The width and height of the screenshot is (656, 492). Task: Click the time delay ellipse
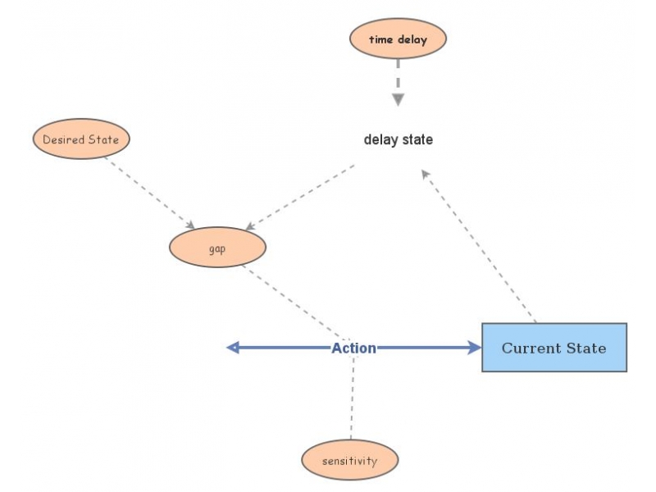pyautogui.click(x=398, y=39)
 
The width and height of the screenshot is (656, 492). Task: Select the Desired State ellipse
pyautogui.click(x=81, y=139)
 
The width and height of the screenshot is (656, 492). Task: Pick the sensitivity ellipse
pyautogui.click(x=349, y=460)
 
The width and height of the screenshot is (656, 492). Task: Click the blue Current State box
pyautogui.click(x=553, y=348)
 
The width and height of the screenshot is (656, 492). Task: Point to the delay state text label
pyautogui.click(x=398, y=140)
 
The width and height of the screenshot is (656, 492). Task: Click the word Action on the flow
pyautogui.click(x=353, y=348)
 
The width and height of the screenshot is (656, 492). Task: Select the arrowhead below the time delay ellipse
pyautogui.click(x=398, y=99)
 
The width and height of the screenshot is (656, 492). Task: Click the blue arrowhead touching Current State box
pyautogui.click(x=473, y=348)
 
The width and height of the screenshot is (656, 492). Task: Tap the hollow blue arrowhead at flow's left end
pyautogui.click(x=233, y=348)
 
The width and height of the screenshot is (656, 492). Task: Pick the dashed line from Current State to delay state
pyautogui.click(x=480, y=246)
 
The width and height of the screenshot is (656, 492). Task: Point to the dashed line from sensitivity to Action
pyautogui.click(x=353, y=398)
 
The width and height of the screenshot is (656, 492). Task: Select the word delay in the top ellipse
pyautogui.click(x=412, y=39)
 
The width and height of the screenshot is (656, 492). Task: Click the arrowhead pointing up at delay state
pyautogui.click(x=426, y=174)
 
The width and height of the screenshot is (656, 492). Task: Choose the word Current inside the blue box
pyautogui.click(x=528, y=348)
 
